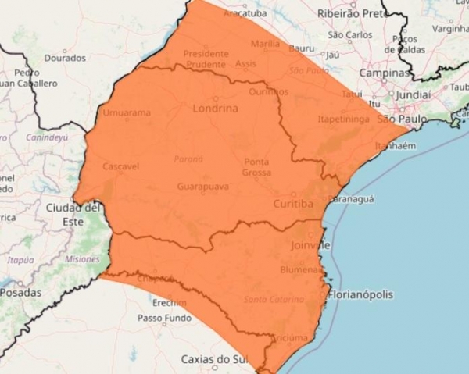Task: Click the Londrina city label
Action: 214,109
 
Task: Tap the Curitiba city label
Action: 293,204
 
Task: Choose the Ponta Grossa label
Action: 256,166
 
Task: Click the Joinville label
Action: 304,245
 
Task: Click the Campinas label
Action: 384,73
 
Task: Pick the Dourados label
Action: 65,58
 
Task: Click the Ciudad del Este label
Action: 73,214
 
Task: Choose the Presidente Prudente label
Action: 206,59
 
